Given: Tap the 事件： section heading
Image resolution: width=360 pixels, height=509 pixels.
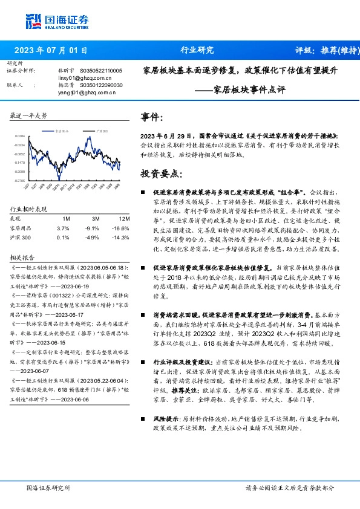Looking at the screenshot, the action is [151, 117].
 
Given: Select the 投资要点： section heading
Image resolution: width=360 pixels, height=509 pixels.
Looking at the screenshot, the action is [162, 174].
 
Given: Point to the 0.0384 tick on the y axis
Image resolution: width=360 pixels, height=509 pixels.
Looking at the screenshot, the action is [20, 136].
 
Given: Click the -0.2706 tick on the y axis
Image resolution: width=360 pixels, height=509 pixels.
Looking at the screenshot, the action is [20, 181].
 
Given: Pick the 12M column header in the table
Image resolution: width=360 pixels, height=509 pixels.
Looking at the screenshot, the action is [124, 218].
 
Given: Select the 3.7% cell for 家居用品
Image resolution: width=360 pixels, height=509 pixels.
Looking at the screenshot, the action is [63, 228].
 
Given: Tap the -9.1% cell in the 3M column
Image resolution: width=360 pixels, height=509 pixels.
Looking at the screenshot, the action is [91, 228].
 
